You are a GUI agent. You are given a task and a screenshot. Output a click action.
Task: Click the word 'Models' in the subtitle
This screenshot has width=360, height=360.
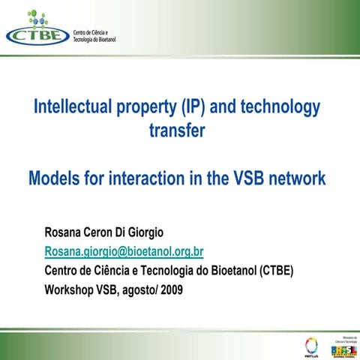pyautogui.click(x=53, y=179)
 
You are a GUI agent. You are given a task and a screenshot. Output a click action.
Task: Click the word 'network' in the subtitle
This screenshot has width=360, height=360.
pyautogui.click(x=298, y=179)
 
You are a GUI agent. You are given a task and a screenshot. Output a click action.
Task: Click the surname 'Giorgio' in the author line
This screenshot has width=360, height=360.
pyautogui.click(x=142, y=229)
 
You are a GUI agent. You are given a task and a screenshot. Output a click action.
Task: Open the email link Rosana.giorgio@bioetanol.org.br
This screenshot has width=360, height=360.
pyautogui.click(x=124, y=250)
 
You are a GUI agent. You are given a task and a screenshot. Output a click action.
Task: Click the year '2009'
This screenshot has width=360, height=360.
pyautogui.click(x=169, y=289)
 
